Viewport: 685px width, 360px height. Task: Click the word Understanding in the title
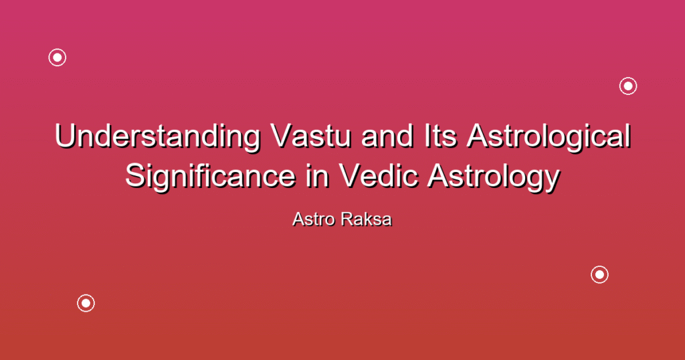(157, 136)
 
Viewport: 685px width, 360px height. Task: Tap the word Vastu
(311, 136)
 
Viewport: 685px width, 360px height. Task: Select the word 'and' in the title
(387, 136)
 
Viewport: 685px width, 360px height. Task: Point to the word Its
(440, 136)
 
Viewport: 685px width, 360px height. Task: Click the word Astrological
(549, 136)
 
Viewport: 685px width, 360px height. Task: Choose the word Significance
(211, 176)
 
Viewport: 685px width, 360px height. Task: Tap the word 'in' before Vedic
(317, 176)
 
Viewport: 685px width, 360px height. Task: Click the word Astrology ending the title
(494, 177)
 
